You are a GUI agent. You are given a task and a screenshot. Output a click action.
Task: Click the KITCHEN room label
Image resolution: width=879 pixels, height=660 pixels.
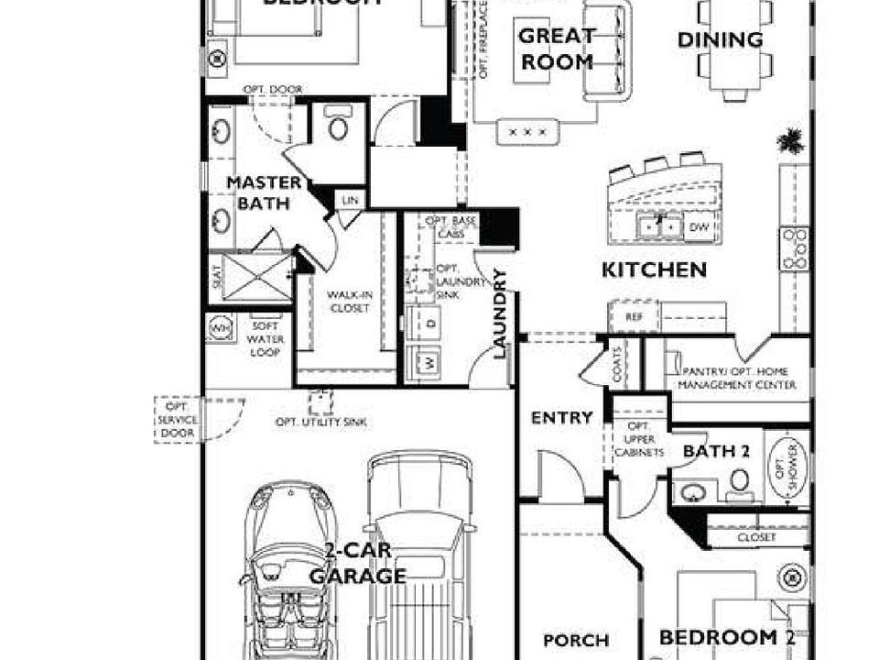click(654, 270)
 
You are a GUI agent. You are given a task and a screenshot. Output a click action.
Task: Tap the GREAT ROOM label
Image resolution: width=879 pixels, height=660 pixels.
click(557, 49)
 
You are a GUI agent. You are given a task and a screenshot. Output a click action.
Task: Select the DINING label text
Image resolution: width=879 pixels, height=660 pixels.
click(721, 40)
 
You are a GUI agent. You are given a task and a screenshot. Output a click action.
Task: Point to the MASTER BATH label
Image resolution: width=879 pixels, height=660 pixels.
click(264, 192)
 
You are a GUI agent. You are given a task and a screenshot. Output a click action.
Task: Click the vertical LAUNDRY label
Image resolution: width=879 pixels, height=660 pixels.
click(500, 313)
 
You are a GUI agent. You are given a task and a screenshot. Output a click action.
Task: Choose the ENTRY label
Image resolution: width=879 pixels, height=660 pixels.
click(562, 418)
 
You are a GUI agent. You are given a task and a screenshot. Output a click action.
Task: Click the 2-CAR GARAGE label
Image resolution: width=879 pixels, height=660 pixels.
click(357, 565)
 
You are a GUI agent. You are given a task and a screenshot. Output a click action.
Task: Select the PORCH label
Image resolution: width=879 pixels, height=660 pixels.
click(576, 640)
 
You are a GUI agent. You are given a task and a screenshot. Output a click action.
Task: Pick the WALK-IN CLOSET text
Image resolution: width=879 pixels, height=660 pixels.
click(348, 302)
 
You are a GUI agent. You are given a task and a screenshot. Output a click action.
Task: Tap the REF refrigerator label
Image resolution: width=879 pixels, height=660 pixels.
click(634, 316)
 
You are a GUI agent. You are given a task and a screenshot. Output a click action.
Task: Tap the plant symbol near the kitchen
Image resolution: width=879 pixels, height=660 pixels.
click(789, 142)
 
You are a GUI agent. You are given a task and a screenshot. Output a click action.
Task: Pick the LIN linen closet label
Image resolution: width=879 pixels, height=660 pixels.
click(349, 200)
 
